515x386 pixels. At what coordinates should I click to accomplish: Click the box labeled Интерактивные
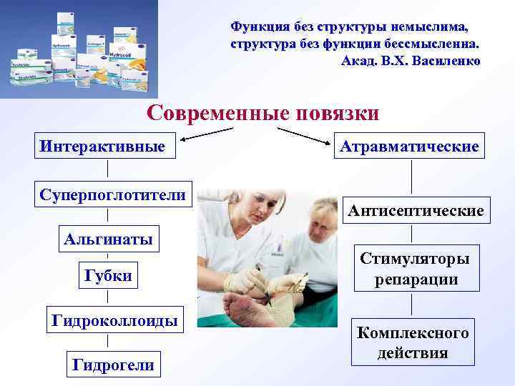click(x=107, y=146)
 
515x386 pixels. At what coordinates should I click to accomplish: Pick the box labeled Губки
click(x=108, y=276)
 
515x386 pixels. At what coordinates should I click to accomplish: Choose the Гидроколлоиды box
click(x=114, y=320)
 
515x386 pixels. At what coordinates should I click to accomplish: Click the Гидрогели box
click(x=114, y=365)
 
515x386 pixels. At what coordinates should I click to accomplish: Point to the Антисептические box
click(x=416, y=211)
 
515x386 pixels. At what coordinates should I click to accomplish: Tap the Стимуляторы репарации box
click(x=415, y=269)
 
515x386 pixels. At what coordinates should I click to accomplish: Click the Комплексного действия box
click(x=413, y=343)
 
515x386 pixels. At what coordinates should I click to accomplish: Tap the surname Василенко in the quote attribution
click(x=443, y=61)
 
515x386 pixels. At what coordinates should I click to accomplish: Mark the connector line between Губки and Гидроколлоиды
click(x=107, y=297)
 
